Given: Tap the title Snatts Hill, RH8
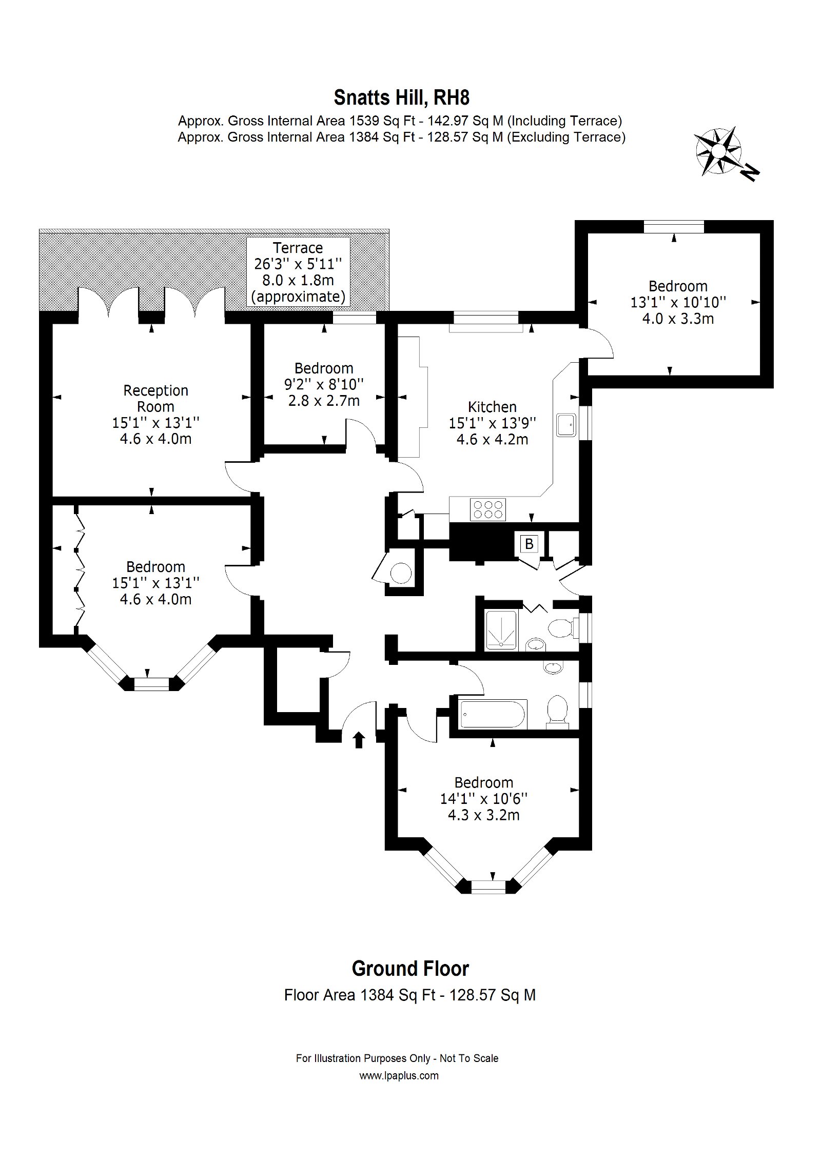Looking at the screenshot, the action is (x=402, y=97).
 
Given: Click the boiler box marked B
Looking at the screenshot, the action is (x=529, y=543).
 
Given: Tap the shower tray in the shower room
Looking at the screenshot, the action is (x=501, y=631).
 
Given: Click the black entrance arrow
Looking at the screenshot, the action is (x=359, y=740).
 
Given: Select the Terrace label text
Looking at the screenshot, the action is (x=298, y=248).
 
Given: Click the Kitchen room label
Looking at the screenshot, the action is (x=492, y=407).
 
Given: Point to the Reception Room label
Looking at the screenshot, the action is (x=155, y=399).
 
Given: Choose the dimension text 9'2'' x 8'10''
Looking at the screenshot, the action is (x=324, y=384).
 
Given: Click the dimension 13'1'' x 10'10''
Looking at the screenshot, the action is (x=678, y=302).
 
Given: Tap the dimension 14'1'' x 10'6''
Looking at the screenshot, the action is (x=484, y=798).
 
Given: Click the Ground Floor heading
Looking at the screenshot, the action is (x=411, y=969).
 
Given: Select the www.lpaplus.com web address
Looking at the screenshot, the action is (x=399, y=1075).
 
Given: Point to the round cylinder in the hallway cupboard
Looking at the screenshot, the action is (x=401, y=573).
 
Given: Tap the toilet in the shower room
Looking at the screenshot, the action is (x=563, y=627).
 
